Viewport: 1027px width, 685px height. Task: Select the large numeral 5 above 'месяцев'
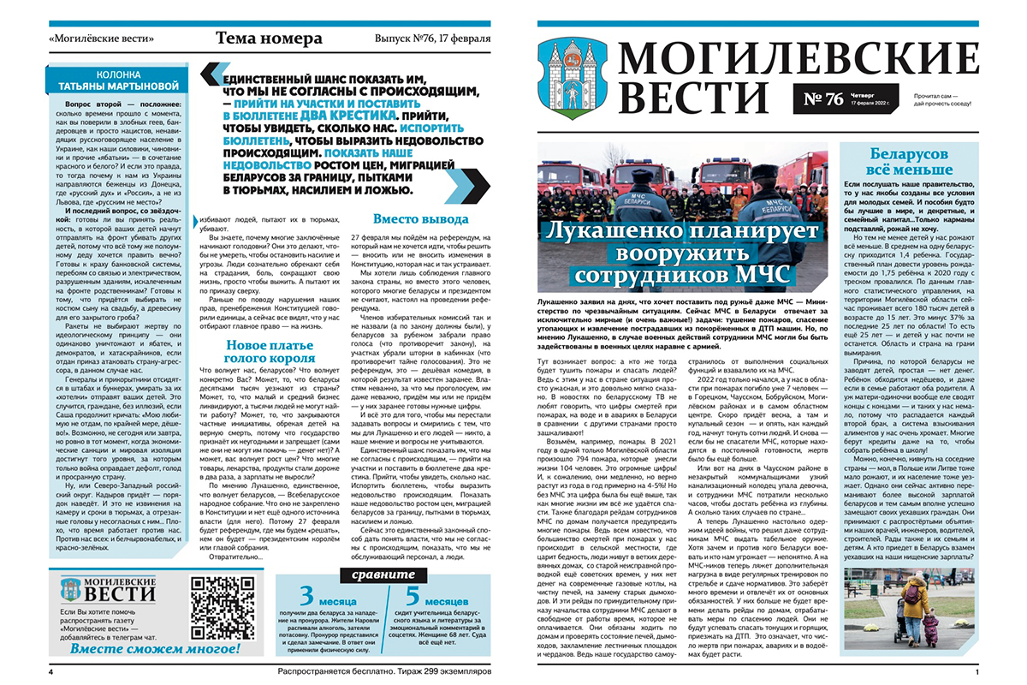pyautogui.click(x=414, y=593)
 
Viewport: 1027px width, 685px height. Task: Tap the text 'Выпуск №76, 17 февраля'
pyautogui.click(x=432, y=39)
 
